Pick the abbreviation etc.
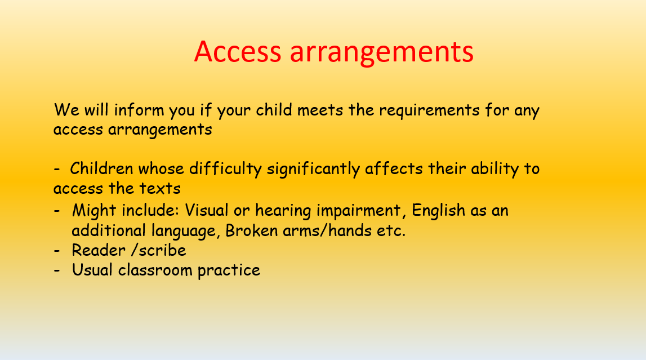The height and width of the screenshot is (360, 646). point(389,230)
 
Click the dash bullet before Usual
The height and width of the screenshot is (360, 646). point(57,270)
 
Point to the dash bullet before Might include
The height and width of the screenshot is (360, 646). point(57,211)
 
